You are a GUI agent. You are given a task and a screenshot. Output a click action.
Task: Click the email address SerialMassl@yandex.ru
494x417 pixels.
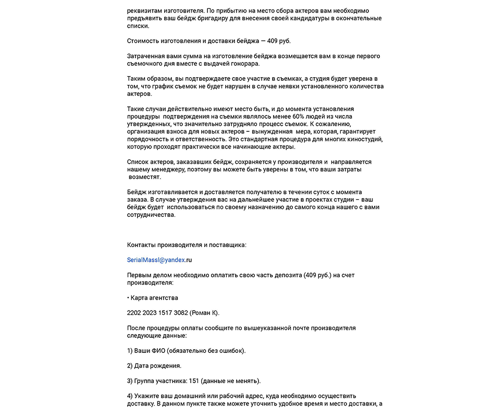point(159,260)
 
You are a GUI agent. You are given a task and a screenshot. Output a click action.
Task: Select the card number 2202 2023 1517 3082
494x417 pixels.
point(157,313)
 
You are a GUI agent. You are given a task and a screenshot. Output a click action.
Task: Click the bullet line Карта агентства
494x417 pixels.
point(154,298)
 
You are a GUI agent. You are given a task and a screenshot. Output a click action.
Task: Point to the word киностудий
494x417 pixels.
point(365,139)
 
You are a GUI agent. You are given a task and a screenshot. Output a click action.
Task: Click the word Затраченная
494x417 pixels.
point(146,56)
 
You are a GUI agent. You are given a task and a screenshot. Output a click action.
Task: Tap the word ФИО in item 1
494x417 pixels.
point(158,351)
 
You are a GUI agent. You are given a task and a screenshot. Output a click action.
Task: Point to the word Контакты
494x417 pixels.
point(142,244)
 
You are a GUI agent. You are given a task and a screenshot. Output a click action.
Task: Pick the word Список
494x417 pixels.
point(139,162)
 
